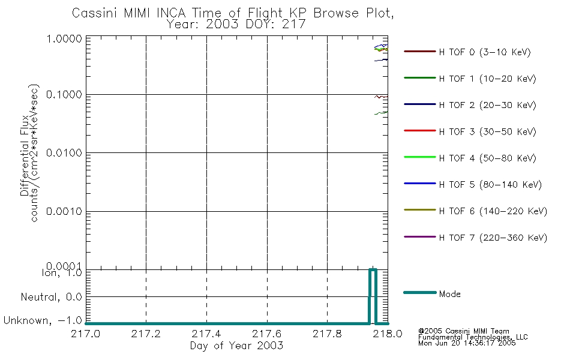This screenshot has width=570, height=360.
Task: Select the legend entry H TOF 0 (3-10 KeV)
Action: click(x=485, y=52)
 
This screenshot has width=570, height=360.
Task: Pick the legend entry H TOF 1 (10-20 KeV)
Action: click(x=487, y=79)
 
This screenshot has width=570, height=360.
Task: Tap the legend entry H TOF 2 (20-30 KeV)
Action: click(x=487, y=105)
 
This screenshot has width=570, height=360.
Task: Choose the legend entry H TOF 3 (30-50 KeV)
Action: click(x=487, y=131)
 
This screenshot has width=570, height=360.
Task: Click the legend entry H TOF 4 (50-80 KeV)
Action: click(x=487, y=158)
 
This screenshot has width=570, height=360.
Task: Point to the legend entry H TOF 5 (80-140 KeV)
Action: click(x=490, y=185)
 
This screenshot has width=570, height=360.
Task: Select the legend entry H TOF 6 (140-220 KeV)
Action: click(x=493, y=211)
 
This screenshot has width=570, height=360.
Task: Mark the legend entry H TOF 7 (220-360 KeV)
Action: click(x=493, y=238)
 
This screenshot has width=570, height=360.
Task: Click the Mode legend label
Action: click(x=449, y=294)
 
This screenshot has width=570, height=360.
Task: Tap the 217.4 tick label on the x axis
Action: click(x=206, y=334)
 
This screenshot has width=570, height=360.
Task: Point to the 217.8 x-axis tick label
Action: click(x=327, y=334)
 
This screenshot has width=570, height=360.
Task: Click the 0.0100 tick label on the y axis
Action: click(x=64, y=153)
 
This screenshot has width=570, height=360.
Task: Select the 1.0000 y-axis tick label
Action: click(x=64, y=38)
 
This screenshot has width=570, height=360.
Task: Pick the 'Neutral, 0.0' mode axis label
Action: click(x=51, y=297)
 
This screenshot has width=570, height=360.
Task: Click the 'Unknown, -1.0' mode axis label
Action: click(x=43, y=320)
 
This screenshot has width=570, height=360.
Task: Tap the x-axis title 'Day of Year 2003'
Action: click(x=236, y=346)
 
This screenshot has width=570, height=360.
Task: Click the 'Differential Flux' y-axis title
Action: click(x=25, y=155)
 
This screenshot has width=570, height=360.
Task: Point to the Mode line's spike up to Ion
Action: click(x=373, y=270)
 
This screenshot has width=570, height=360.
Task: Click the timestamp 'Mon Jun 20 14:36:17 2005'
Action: click(x=467, y=343)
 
